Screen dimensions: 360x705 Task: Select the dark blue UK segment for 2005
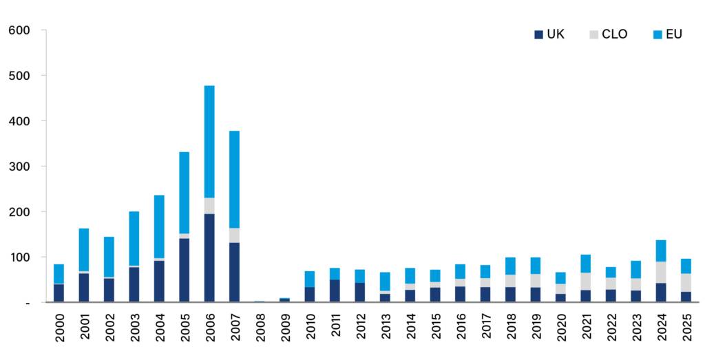184,270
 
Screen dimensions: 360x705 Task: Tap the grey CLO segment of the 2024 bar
661,272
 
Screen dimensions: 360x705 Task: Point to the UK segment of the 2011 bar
335,290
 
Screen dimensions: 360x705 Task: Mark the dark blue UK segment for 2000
59,293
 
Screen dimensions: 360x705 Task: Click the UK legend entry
550,34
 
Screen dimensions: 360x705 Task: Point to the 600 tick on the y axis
19,30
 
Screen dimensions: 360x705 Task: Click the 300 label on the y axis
19,167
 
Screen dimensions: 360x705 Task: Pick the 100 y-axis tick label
19,257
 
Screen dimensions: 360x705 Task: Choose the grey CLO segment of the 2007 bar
234,235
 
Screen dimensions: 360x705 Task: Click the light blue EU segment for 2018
510,266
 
